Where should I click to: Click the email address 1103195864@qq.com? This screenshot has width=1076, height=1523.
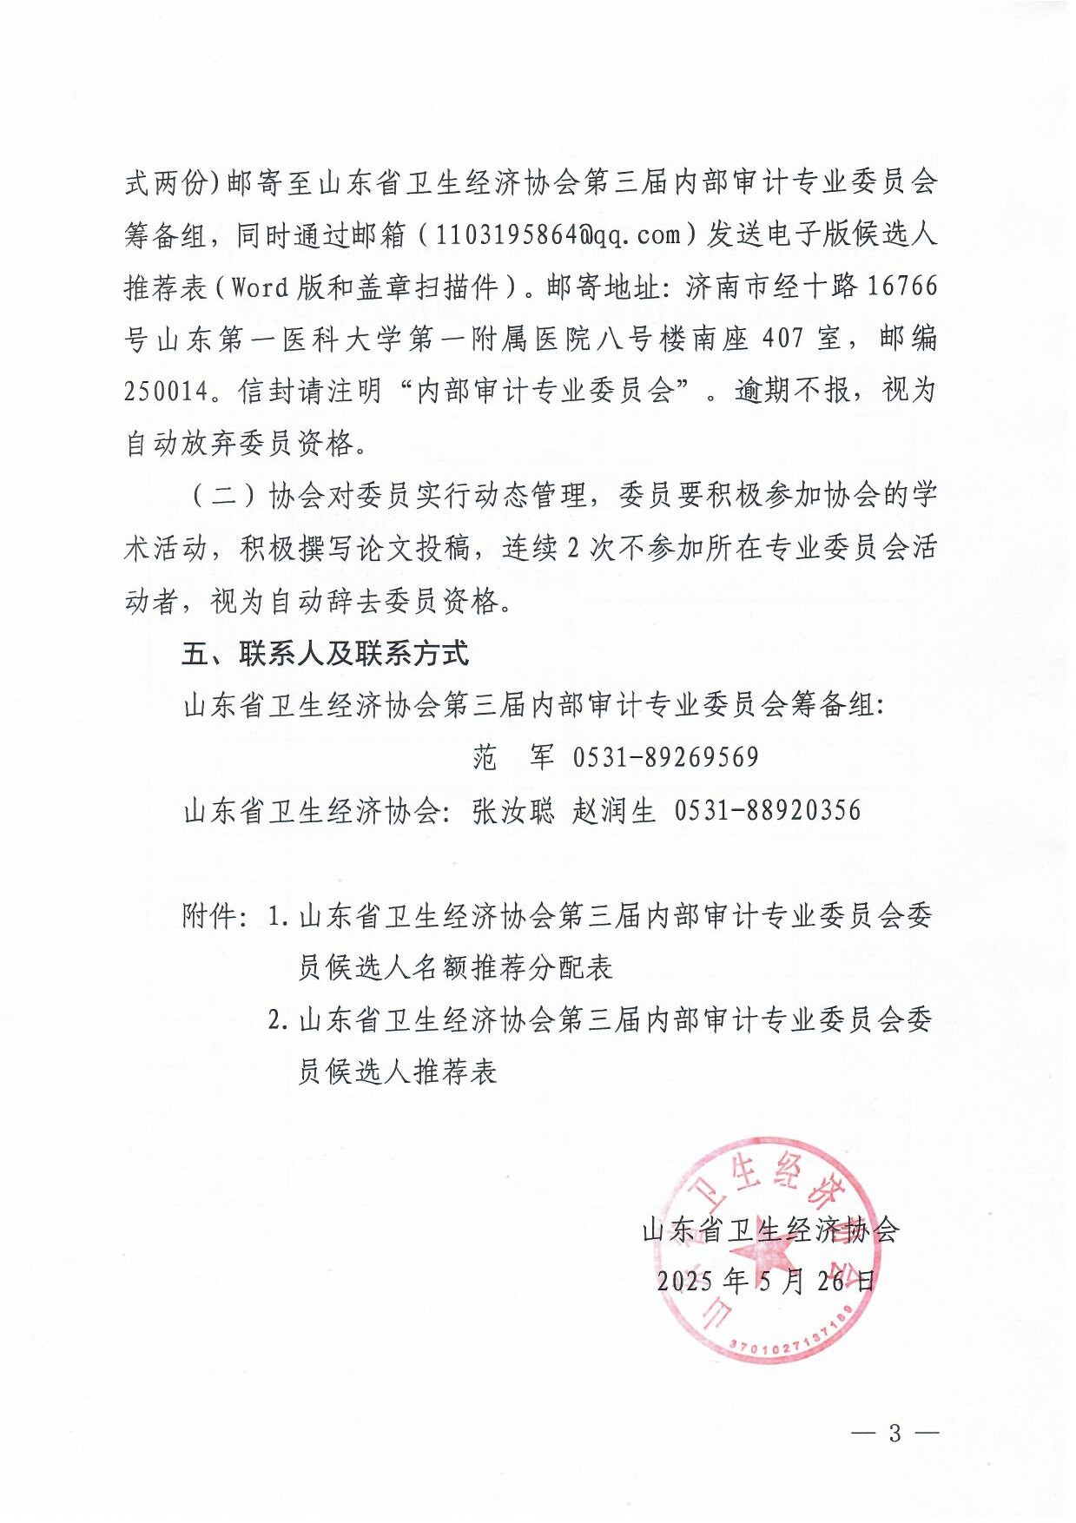(557, 235)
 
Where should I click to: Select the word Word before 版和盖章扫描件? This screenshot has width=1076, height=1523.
(259, 287)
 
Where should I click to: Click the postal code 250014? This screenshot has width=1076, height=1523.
(168, 392)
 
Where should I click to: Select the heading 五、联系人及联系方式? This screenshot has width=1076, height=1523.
(326, 654)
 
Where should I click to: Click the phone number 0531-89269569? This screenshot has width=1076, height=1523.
(665, 758)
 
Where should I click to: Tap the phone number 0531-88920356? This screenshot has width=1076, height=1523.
(768, 811)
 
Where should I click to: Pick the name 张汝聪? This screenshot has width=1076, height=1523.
(513, 811)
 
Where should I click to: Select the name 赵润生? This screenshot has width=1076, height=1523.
(614, 811)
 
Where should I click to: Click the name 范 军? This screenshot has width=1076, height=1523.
(513, 758)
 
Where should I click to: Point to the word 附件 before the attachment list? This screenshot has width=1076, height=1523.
(209, 916)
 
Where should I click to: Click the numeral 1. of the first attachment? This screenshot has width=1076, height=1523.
(278, 916)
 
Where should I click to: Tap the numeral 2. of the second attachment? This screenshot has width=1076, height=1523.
(278, 1020)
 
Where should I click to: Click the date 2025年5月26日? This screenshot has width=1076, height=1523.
(766, 1282)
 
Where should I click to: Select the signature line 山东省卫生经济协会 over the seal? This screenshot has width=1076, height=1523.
(770, 1230)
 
